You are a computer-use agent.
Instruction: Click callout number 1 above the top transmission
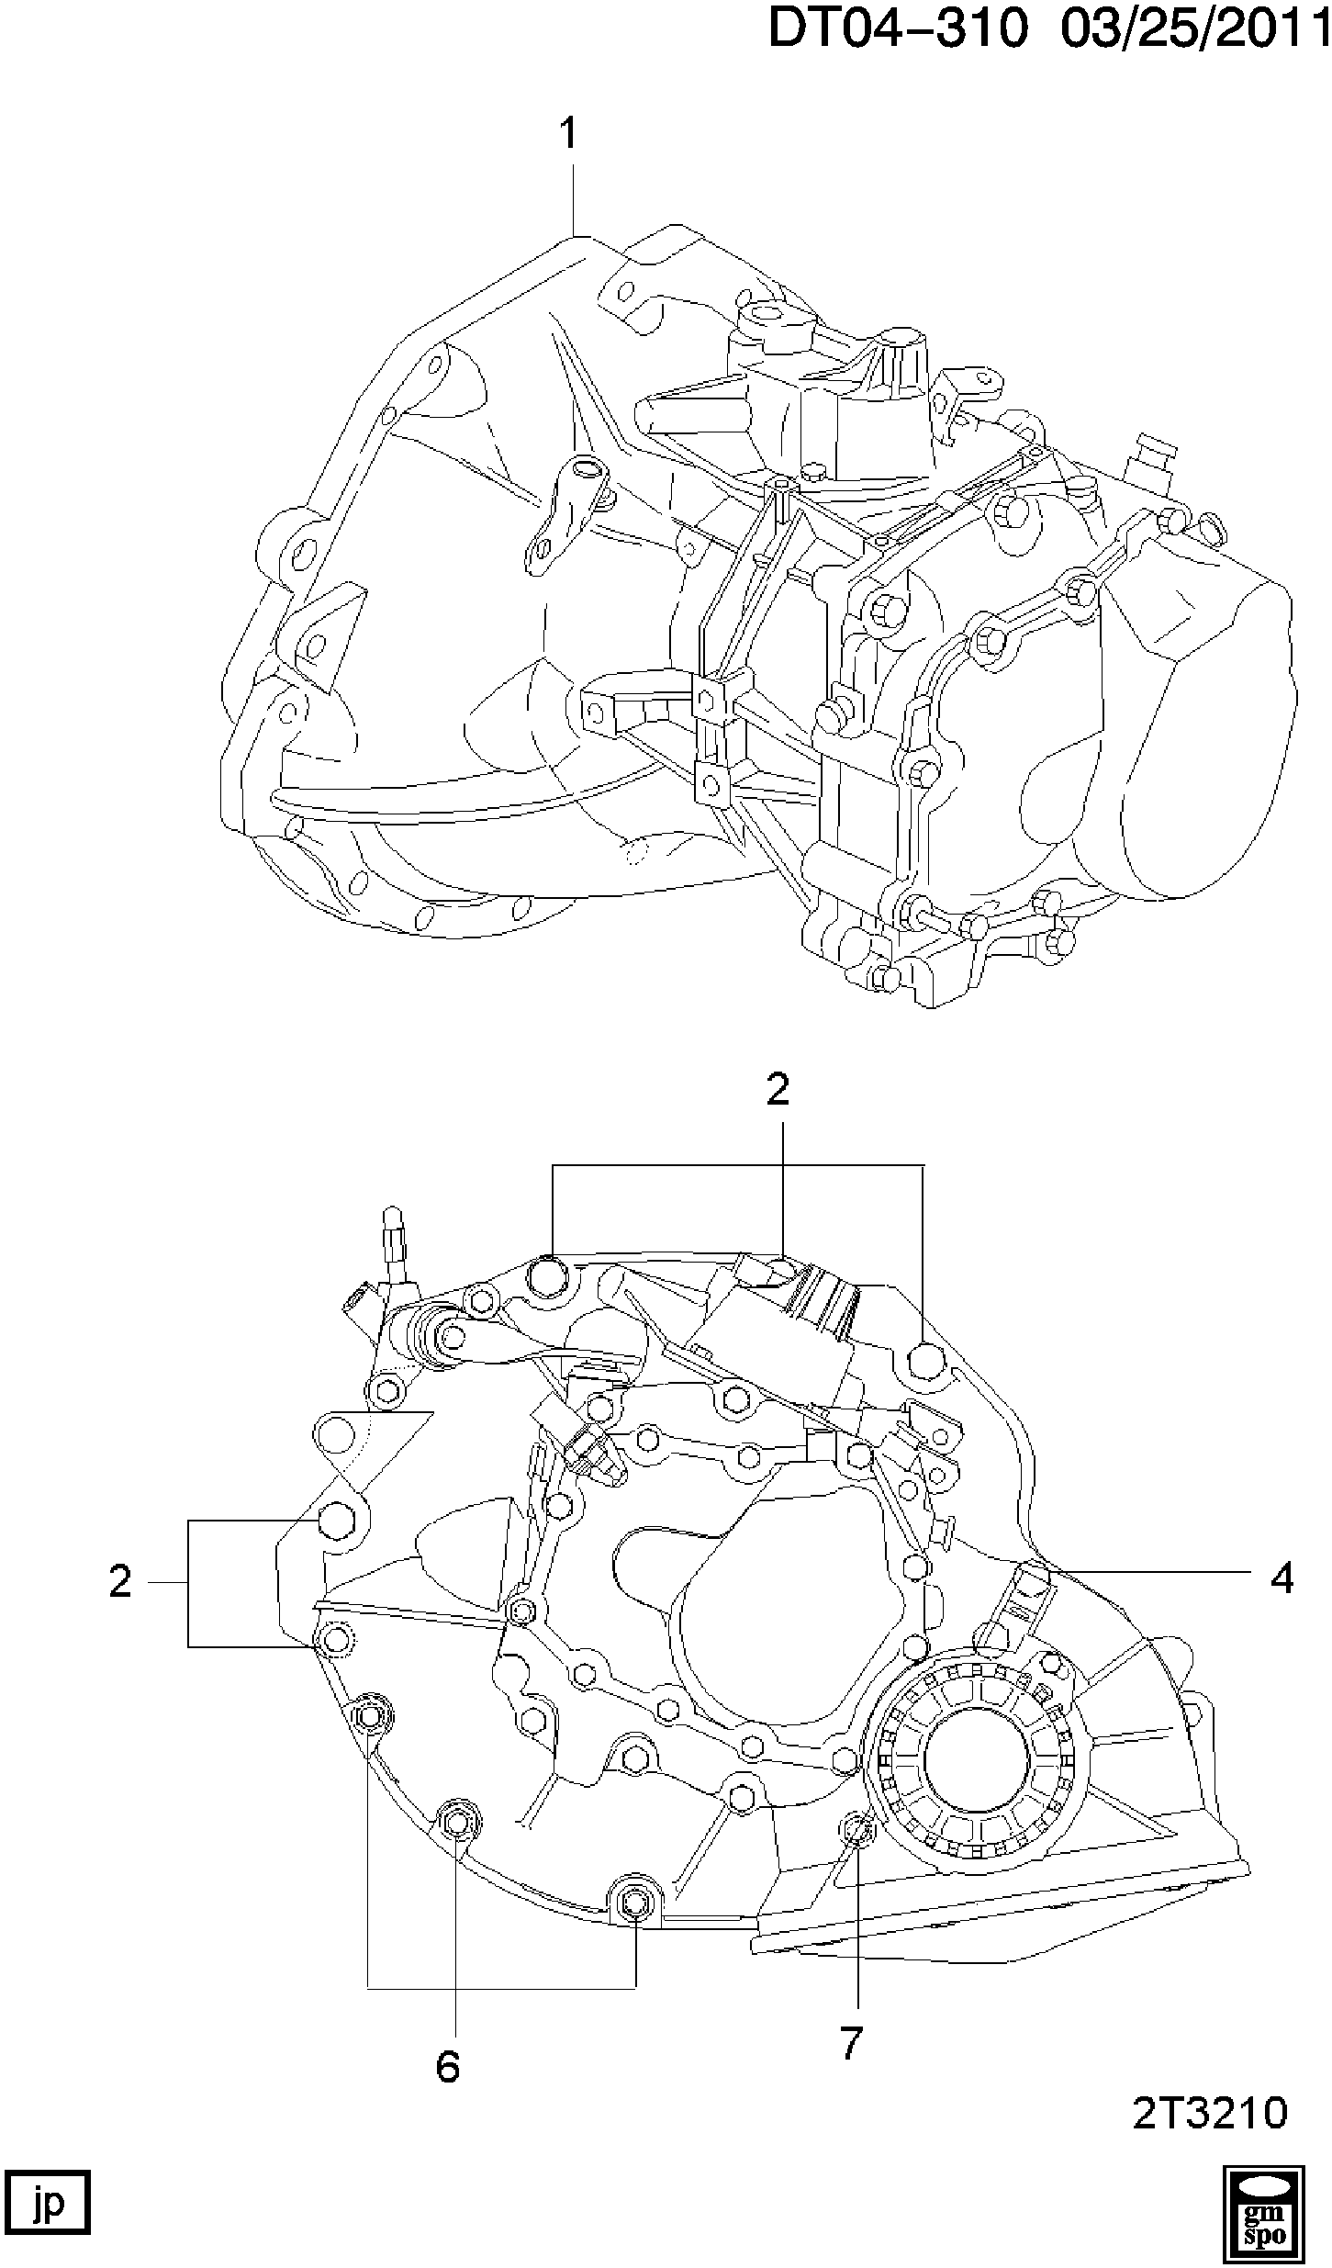tap(569, 134)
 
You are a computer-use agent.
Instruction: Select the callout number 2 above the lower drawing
tap(778, 1090)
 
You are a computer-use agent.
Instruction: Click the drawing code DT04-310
tap(897, 28)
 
